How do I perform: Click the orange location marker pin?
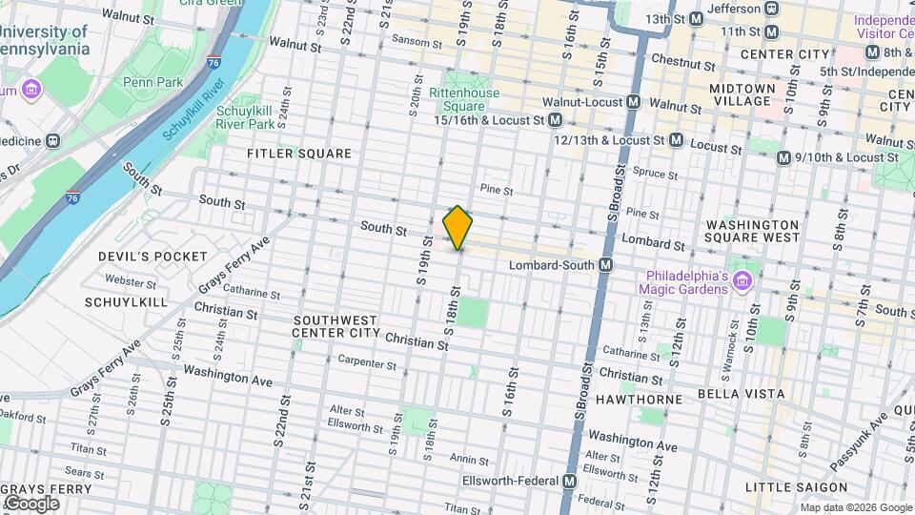(457, 228)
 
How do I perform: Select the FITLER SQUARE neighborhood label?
(299, 154)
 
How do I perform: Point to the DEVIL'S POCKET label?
(152, 257)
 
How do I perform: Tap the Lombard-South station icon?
(605, 264)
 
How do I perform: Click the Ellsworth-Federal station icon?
(569, 481)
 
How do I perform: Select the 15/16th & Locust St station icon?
(555, 120)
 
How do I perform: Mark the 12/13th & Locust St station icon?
(676, 140)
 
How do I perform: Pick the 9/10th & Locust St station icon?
(783, 157)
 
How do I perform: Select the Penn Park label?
(152, 83)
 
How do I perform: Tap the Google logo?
(31, 503)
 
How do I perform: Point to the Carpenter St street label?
(367, 364)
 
